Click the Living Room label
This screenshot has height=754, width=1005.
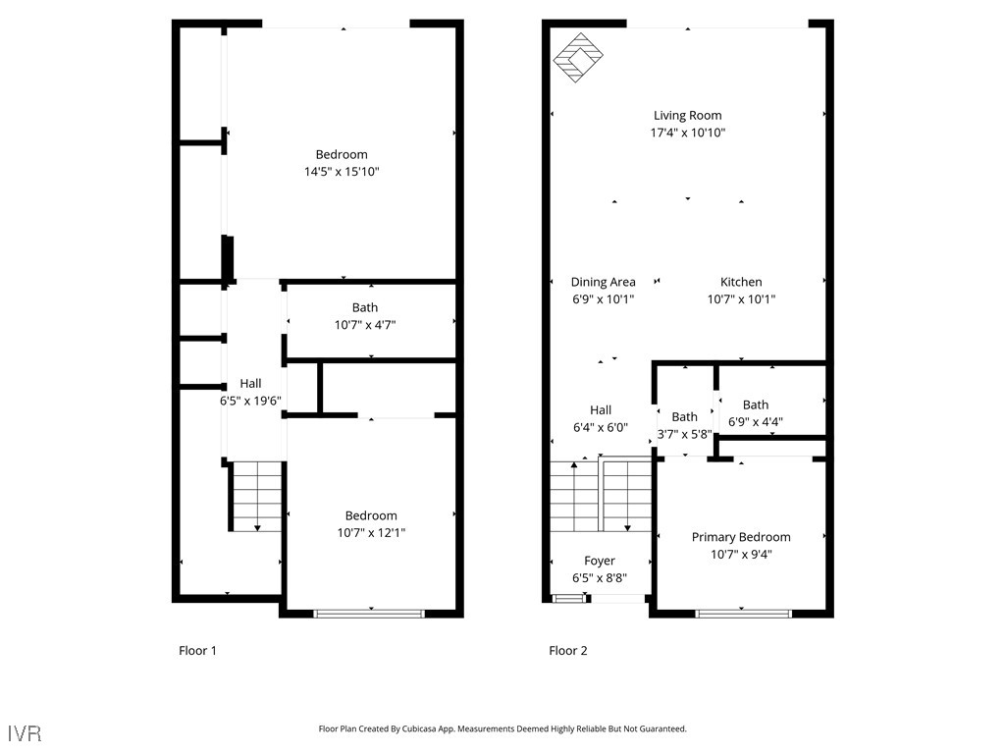(687, 116)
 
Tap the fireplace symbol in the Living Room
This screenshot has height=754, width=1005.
(578, 58)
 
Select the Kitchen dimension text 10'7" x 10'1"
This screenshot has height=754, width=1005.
(741, 299)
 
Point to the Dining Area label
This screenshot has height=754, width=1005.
(603, 282)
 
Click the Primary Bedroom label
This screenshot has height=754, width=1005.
(741, 537)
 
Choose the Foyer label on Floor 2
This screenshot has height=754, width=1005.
(599, 562)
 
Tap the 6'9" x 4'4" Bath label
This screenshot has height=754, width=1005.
(755, 404)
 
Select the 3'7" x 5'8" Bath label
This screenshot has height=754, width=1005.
(684, 417)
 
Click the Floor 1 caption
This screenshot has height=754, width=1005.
(197, 650)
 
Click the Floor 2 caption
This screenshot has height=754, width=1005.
(567, 650)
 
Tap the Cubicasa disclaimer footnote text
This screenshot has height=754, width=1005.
(502, 728)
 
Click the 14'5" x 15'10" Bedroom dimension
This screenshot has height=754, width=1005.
(342, 172)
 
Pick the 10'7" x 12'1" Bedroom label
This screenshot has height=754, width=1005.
(371, 516)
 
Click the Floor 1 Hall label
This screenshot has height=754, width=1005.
(250, 384)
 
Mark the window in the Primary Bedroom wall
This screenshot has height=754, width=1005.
(743, 614)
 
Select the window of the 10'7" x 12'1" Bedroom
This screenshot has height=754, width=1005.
(369, 614)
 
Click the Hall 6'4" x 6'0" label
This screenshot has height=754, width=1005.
(601, 410)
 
